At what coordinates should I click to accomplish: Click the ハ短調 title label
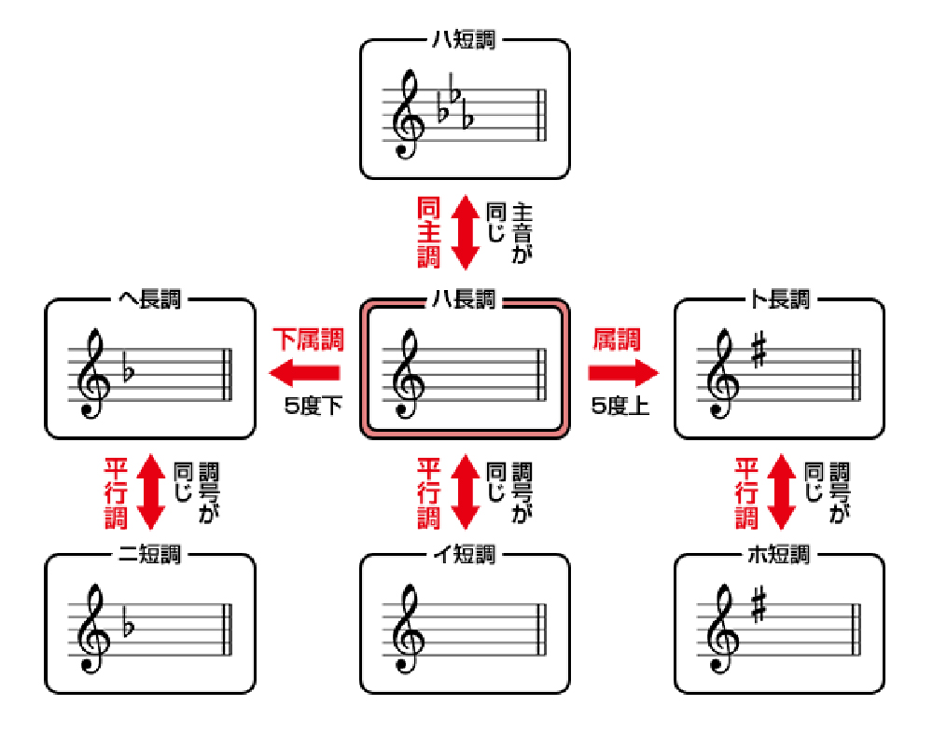click(x=464, y=40)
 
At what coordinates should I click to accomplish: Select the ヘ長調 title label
click(x=150, y=298)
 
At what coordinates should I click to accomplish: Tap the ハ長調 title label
click(x=464, y=298)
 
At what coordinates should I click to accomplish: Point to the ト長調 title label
click(x=779, y=298)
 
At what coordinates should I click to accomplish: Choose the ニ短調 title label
click(x=150, y=555)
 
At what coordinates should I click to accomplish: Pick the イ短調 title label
click(x=464, y=555)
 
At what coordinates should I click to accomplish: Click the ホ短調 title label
click(x=779, y=555)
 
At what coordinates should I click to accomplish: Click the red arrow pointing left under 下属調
click(x=305, y=373)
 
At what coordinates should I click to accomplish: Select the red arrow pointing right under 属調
click(x=623, y=373)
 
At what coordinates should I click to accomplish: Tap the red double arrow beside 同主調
click(x=466, y=232)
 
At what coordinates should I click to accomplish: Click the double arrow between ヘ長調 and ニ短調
click(x=151, y=491)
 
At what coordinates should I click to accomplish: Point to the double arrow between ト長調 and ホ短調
click(x=782, y=491)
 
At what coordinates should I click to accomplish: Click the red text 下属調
click(x=308, y=339)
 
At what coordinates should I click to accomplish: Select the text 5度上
click(x=620, y=407)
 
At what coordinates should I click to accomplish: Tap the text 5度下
click(x=313, y=407)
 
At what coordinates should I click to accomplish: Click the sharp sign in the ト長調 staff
click(x=759, y=350)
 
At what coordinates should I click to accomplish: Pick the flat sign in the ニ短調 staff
click(x=129, y=627)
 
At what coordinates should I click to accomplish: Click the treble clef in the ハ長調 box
click(x=409, y=374)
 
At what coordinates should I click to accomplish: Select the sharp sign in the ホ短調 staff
click(x=759, y=605)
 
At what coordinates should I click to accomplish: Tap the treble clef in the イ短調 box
click(x=409, y=629)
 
